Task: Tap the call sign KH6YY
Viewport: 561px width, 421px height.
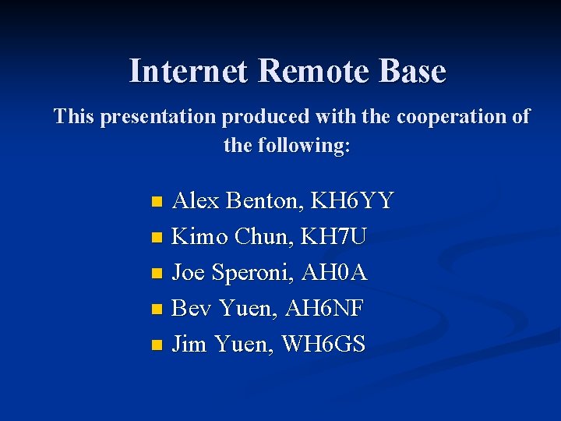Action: coord(351,202)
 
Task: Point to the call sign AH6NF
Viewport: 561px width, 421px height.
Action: coord(325,308)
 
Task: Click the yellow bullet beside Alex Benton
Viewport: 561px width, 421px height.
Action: coord(157,203)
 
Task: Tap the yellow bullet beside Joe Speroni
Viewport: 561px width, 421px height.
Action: coord(157,274)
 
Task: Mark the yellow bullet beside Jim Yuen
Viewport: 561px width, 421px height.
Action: coord(157,345)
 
